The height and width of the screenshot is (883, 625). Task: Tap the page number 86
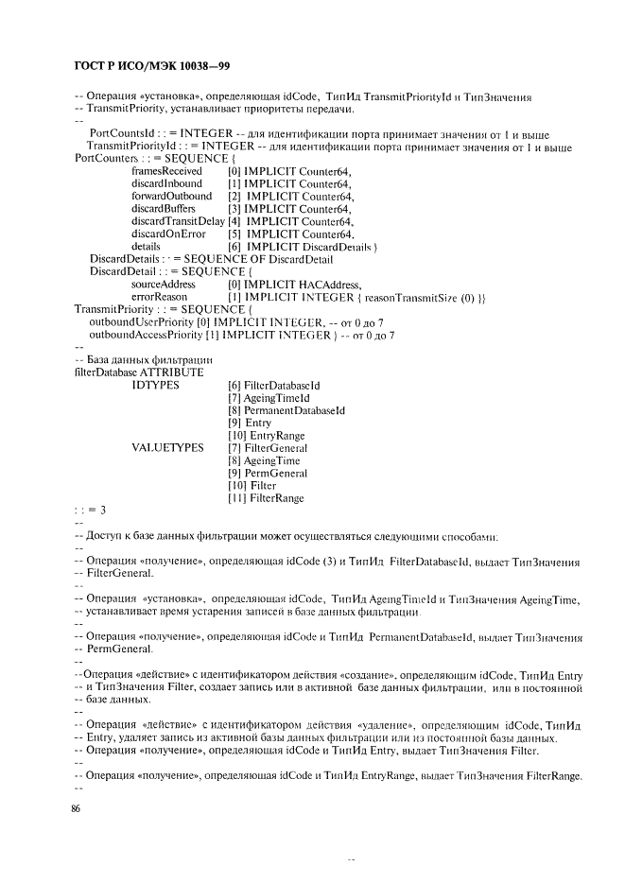(x=77, y=809)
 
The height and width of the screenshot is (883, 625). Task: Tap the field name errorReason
(x=156, y=297)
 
